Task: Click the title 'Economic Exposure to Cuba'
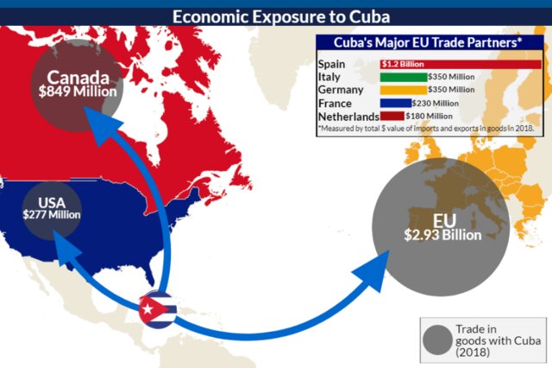coord(275,15)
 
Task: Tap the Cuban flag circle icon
coord(159,308)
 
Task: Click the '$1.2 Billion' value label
coord(402,63)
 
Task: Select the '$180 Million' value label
coord(429,115)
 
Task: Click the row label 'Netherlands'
coord(348,116)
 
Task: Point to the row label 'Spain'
coord(331,64)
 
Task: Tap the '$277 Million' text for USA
coord(53,215)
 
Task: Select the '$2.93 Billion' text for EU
coord(438,234)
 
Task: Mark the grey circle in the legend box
coord(439,339)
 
